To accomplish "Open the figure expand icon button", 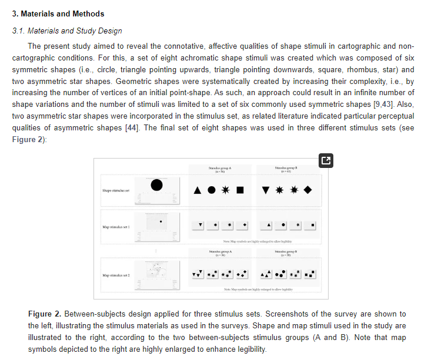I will tap(326, 160).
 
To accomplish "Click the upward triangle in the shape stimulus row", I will tap(198, 190).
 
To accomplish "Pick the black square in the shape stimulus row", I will tap(240, 190).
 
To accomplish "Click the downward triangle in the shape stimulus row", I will tap(265, 190).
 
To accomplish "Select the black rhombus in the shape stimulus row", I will tap(307, 190).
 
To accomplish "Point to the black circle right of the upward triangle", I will tap(211, 190).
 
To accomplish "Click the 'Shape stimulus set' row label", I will tap(115, 190).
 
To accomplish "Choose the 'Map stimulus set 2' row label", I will tap(116, 275).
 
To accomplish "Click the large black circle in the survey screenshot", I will tap(156, 185).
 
